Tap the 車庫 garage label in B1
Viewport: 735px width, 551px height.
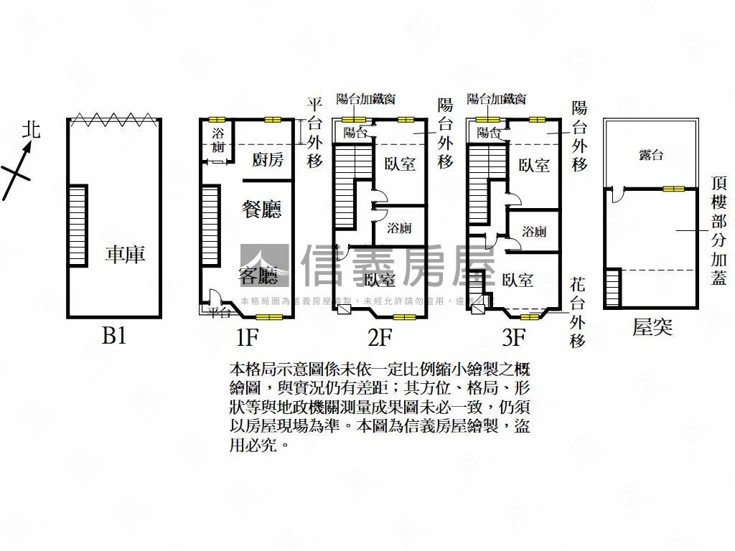125,254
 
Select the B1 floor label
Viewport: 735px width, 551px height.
114,335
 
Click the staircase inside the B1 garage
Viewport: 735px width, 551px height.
78,225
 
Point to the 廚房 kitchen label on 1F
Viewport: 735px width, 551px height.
268,159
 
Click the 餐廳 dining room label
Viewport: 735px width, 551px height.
261,209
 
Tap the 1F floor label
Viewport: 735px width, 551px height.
246,335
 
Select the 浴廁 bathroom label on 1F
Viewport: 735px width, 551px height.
218,140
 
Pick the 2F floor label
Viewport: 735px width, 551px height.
380,335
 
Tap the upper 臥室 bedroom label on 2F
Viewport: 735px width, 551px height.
400,164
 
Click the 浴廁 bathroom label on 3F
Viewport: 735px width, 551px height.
534,232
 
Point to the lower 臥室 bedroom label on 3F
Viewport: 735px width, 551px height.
518,280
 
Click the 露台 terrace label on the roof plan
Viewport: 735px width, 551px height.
650,155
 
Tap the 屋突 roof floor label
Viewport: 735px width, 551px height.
652,328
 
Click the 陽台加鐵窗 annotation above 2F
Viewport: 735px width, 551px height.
366,99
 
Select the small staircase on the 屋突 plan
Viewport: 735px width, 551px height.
612,288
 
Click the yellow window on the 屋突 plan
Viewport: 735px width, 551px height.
673,189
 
